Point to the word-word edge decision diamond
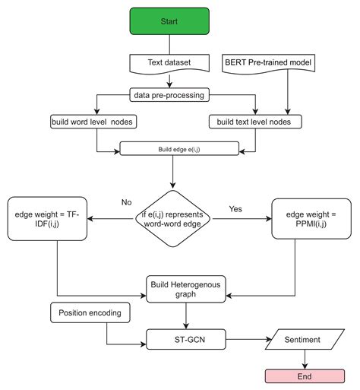pyautogui.click(x=176, y=218)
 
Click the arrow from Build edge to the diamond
pyautogui.click(x=175, y=170)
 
